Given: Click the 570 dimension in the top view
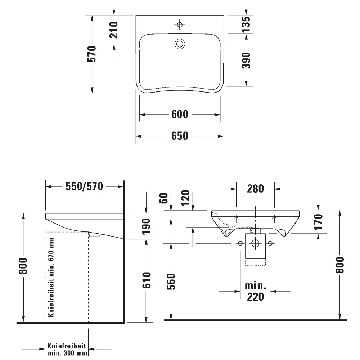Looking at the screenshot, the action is [92, 54].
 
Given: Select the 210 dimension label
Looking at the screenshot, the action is [114, 30].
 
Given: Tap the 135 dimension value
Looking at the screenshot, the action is [246, 24].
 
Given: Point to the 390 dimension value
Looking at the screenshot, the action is [246, 60].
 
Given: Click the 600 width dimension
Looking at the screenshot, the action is [180, 114].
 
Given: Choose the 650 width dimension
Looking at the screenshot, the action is [180, 136].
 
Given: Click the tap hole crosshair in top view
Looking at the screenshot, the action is [180, 24].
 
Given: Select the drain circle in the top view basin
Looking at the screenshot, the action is [180, 44].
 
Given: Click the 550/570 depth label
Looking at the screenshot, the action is [84, 186].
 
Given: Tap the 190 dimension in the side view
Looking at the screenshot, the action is [146, 226].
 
